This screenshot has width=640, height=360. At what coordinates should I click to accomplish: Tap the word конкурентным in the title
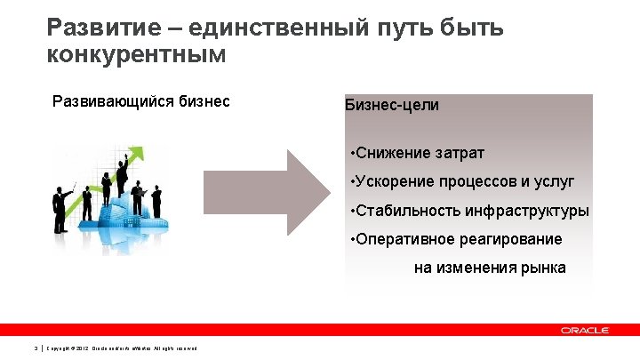click(x=137, y=54)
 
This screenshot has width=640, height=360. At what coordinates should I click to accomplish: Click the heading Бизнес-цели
click(x=391, y=105)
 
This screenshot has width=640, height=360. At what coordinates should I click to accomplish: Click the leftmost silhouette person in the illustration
click(x=60, y=210)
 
